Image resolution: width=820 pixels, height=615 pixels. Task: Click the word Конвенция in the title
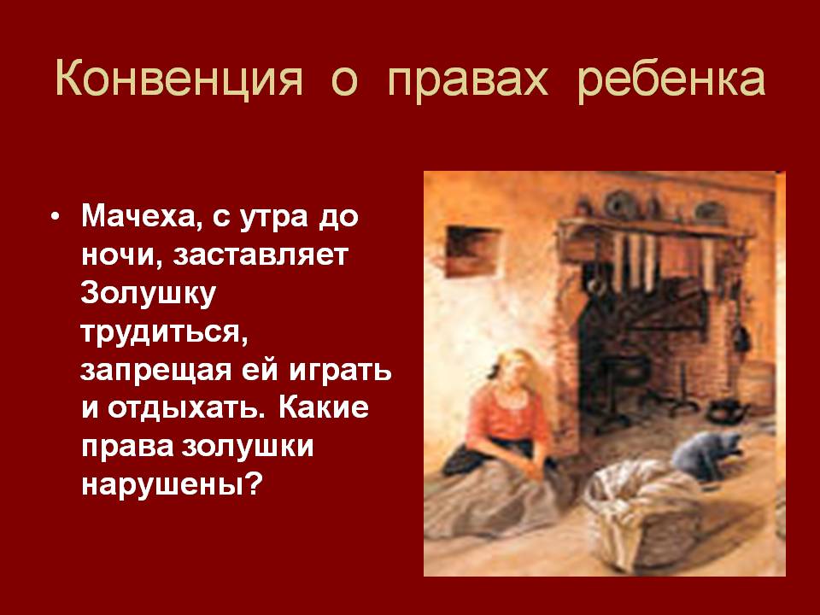(x=179, y=79)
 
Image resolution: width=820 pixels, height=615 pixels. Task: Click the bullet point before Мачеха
(x=56, y=216)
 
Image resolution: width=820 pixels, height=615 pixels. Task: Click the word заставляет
(x=261, y=255)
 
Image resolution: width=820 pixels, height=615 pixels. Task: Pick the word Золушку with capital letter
(x=148, y=295)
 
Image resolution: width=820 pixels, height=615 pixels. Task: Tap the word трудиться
(x=164, y=332)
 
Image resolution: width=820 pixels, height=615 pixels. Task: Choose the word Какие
(x=323, y=408)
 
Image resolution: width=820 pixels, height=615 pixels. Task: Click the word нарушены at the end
(x=171, y=486)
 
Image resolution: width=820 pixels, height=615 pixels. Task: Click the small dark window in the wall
(x=472, y=251)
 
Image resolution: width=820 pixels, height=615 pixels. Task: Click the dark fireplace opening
(x=643, y=355)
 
